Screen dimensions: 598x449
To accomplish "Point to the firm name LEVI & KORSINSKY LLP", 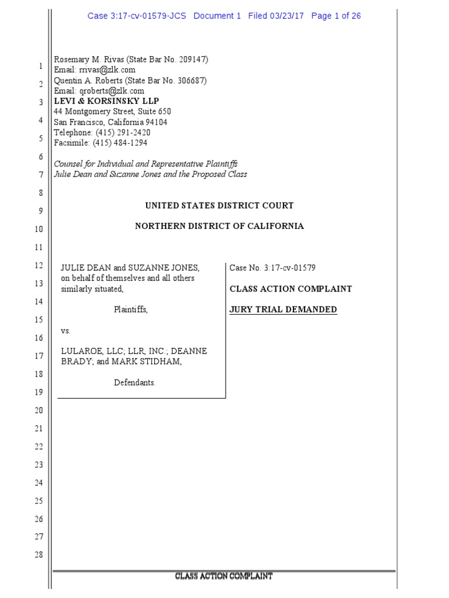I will click(106, 101).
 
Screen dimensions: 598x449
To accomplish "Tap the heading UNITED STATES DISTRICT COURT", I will click(219, 206).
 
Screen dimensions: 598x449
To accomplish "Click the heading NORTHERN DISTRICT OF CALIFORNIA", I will click(219, 226).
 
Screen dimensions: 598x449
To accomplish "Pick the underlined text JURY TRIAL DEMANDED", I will click(283, 310).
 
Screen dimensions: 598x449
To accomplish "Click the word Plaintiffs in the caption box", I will click(130, 310).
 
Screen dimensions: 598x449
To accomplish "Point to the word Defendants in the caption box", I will click(134, 383).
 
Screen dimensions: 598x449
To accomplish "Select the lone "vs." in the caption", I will click(66, 331).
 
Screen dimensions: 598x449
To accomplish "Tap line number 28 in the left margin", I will click(39, 554).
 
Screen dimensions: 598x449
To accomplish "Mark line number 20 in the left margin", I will click(39, 411).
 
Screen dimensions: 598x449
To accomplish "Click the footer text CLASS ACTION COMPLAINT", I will click(224, 577).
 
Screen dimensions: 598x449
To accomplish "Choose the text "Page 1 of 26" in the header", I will click(336, 16).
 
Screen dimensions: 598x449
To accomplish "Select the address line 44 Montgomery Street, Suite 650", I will click(112, 112).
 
